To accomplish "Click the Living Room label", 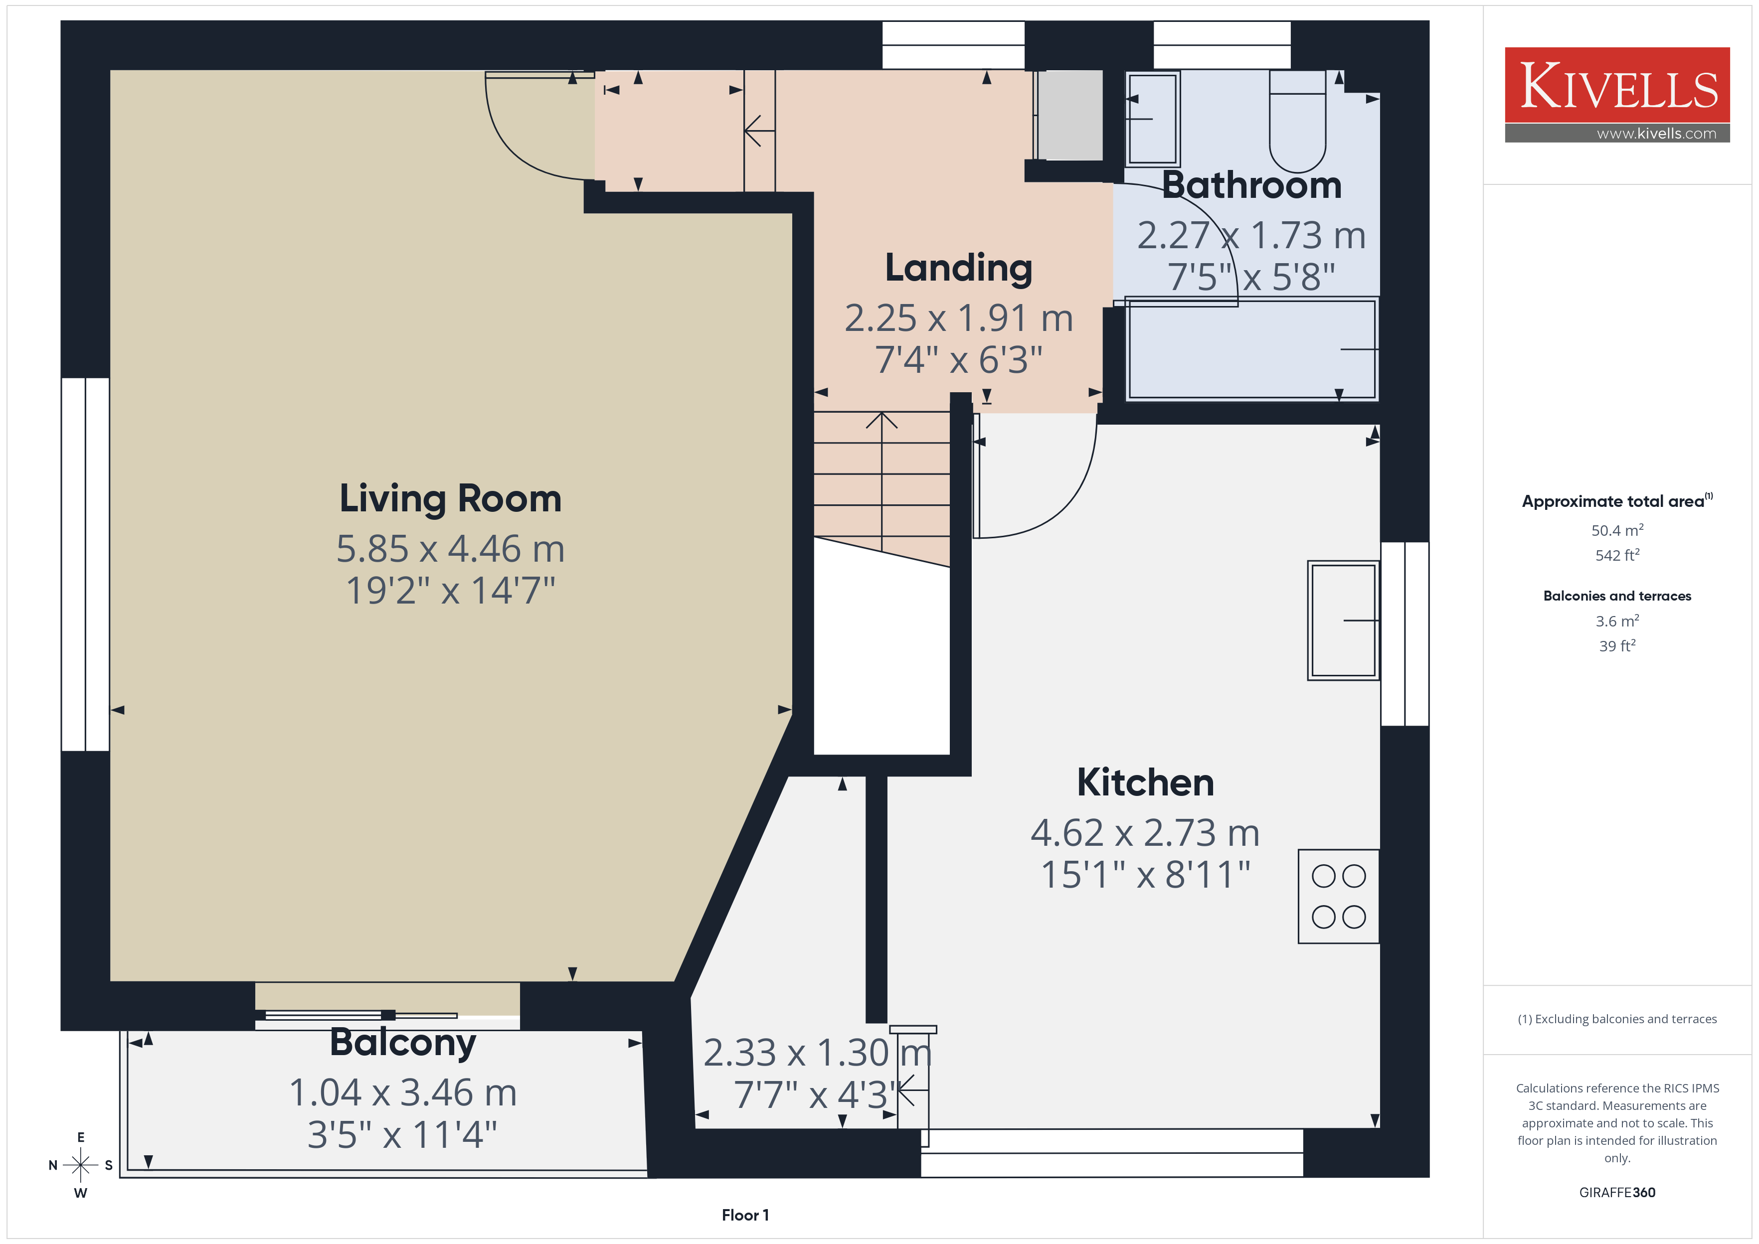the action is coord(451,499).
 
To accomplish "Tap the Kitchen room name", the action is coord(1145,782).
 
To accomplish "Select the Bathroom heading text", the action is coord(1252,185).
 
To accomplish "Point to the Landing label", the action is coord(958,269).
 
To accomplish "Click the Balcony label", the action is coord(403,1043).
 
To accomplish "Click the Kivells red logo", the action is coord(1617,85).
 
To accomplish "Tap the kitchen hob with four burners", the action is coord(1338,896).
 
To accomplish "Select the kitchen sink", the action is coord(1343,621).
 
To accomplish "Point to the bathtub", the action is coord(1252,349).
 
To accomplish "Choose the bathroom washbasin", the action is coord(1152,119).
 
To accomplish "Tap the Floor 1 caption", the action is coord(745,1215).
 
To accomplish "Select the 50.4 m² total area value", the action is coord(1617,530).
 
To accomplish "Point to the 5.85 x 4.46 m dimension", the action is coord(451,548).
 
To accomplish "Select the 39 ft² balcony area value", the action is coord(1617,646).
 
